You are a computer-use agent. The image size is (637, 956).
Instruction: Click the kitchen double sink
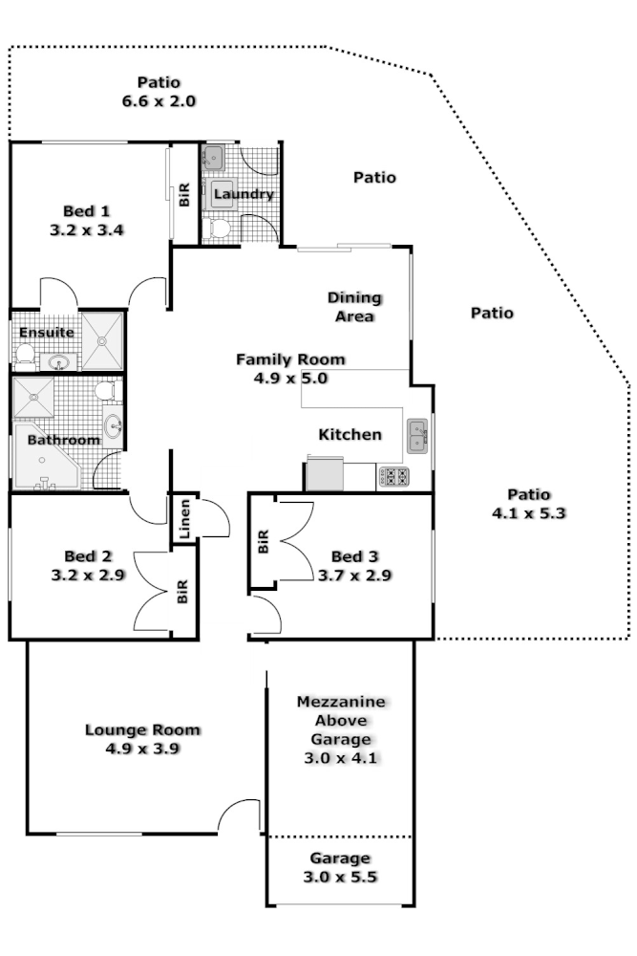[x=417, y=437]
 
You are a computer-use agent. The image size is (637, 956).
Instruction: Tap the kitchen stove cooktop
[x=394, y=475]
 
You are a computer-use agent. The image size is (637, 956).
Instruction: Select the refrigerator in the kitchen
[x=324, y=474]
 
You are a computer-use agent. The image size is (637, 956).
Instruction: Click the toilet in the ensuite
[x=25, y=357]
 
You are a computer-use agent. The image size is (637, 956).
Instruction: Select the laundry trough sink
[x=213, y=157]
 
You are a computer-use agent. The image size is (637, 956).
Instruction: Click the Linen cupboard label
[x=185, y=520]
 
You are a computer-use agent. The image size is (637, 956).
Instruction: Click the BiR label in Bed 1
[x=184, y=196]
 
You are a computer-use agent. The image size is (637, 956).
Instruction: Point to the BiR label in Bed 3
[x=263, y=543]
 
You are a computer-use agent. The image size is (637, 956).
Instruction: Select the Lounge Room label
[x=142, y=730]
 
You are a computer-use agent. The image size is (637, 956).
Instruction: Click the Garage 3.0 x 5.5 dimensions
[x=340, y=876]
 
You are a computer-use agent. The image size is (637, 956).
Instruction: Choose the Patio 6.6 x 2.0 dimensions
[x=159, y=99]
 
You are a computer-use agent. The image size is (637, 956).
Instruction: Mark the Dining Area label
[x=354, y=307]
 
